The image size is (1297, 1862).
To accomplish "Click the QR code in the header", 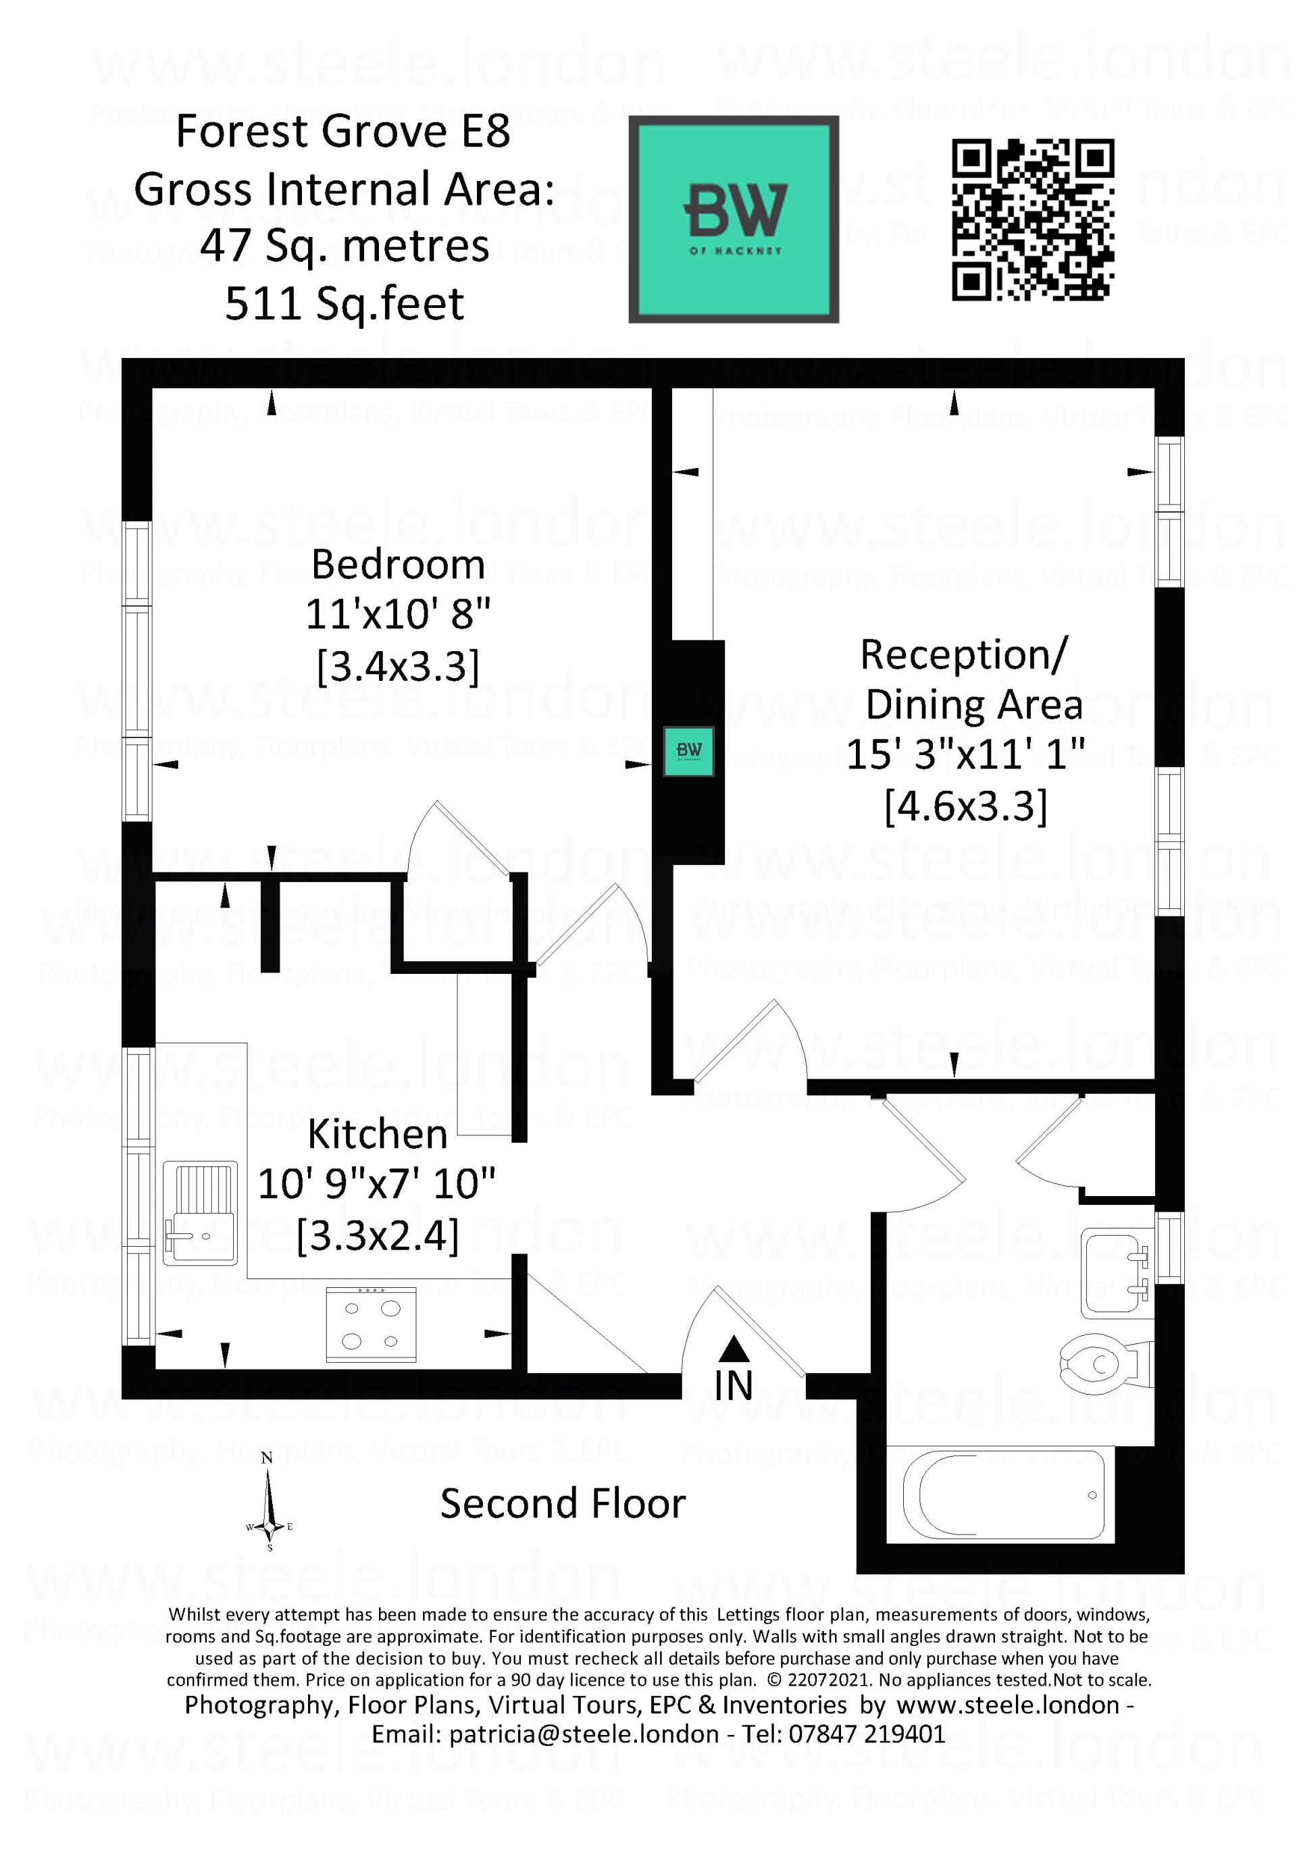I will pyautogui.click(x=1033, y=219).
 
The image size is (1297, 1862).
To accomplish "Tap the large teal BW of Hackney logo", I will pyautogui.click(x=733, y=219).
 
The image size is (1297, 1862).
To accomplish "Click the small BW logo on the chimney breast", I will pyautogui.click(x=688, y=750).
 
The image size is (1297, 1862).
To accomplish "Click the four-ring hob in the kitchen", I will pyautogui.click(x=371, y=1324).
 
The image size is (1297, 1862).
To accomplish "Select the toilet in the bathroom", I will pyautogui.click(x=1104, y=1364).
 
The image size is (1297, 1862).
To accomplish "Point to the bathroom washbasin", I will pyautogui.click(x=1116, y=1274).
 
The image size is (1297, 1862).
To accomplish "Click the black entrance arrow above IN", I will pyautogui.click(x=734, y=1348).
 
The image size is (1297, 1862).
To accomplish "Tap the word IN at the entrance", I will pyautogui.click(x=733, y=1385).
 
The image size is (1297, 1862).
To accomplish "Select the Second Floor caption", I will pyautogui.click(x=563, y=1503).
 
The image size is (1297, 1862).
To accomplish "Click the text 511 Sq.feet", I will pyautogui.click(x=344, y=304).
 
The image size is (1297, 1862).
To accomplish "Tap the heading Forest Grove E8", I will pyautogui.click(x=343, y=132).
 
